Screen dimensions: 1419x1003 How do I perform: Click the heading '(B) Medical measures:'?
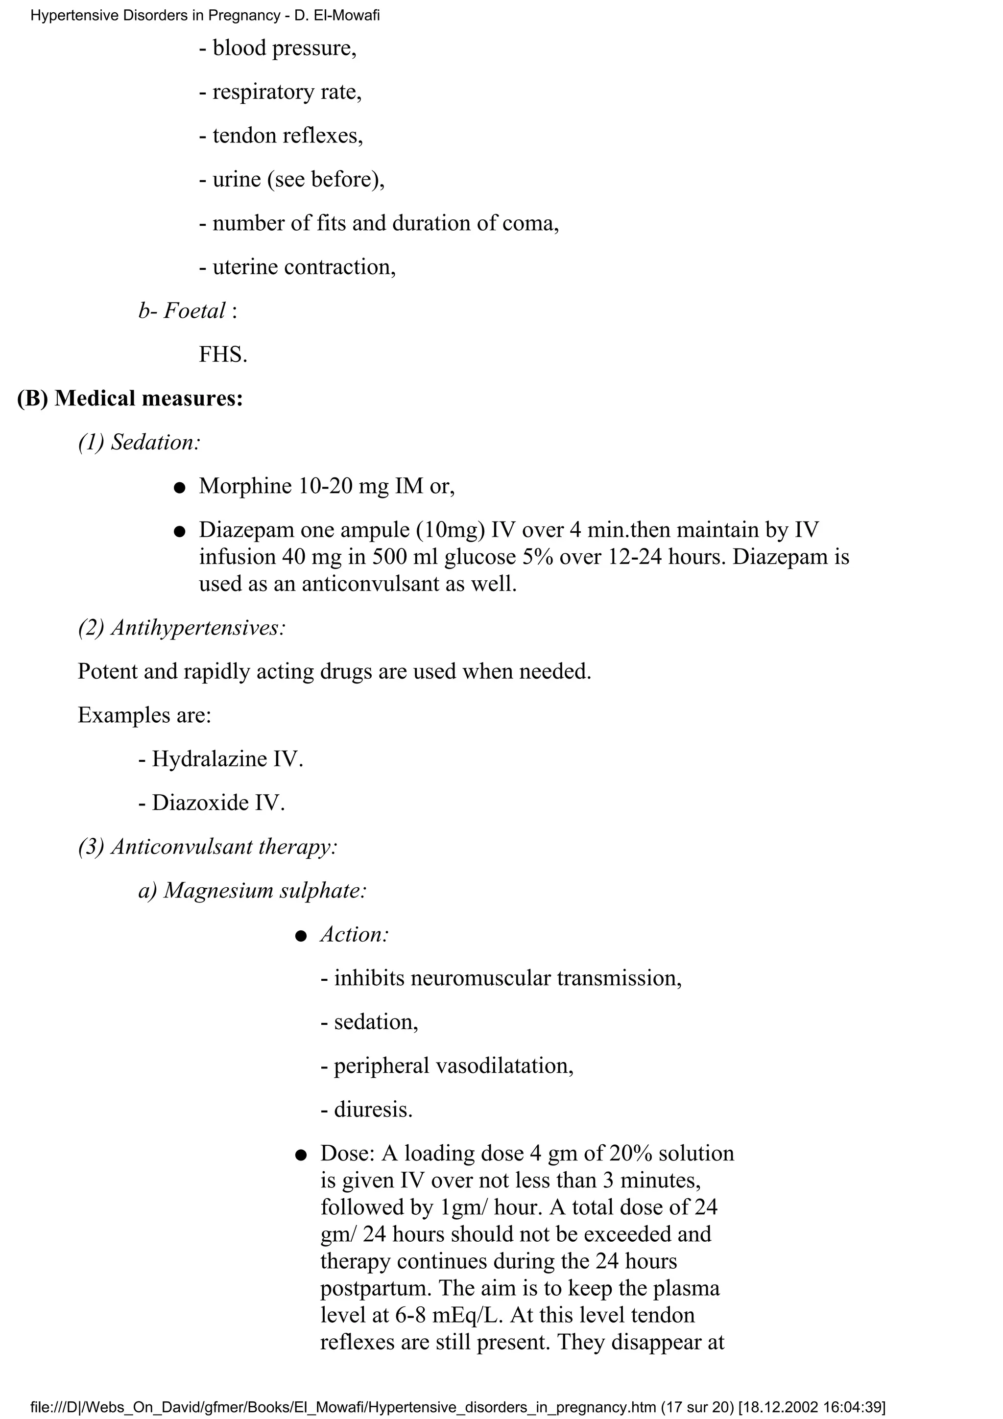pos(130,399)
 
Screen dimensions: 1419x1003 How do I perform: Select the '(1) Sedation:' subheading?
pos(139,443)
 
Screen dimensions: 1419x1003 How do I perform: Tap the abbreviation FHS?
pos(222,355)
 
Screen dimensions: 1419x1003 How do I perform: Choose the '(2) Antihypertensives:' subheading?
pos(182,628)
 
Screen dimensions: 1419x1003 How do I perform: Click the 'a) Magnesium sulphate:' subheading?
pos(252,891)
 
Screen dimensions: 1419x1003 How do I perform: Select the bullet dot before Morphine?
pos(179,488)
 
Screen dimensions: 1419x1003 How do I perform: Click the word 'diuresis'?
pos(372,1110)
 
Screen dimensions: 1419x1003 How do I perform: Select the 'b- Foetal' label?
pos(182,311)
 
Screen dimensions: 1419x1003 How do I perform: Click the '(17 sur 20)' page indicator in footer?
pos(696,1407)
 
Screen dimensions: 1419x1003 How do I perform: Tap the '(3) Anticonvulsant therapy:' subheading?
pos(208,847)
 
